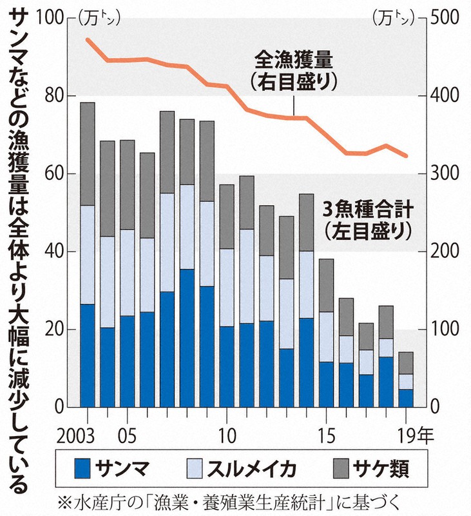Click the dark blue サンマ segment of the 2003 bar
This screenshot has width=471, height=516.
88,355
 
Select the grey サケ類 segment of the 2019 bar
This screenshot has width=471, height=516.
405,362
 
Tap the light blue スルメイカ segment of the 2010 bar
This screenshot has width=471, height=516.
226,288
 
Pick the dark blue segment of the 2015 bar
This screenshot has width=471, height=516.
326,384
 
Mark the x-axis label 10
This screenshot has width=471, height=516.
226,432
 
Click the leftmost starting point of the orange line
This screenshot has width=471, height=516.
88,40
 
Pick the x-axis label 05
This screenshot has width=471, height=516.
127,432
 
